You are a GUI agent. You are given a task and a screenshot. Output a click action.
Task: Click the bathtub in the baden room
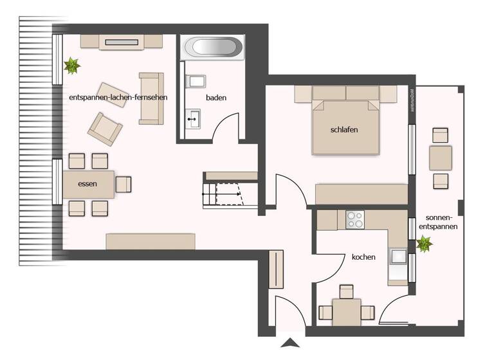tap(212, 48)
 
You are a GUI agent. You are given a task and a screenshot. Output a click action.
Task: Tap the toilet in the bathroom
tap(194, 82)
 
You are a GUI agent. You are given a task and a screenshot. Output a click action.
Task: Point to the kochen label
tap(363, 257)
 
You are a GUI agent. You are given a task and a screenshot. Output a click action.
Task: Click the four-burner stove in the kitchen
tap(355, 220)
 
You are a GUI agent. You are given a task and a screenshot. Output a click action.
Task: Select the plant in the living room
tap(71, 65)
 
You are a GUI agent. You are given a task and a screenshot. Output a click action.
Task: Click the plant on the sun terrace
tap(425, 244)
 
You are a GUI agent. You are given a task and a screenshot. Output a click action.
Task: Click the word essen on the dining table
tap(87, 184)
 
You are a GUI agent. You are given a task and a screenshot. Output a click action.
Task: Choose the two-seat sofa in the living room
tap(151, 98)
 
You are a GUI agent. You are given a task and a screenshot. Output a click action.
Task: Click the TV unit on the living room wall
tap(121, 41)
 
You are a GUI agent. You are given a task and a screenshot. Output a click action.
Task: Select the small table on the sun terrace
tap(441, 157)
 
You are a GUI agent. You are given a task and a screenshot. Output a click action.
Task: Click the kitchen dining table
tap(347, 312)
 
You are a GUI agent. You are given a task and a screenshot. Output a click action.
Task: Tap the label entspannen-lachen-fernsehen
tap(118, 97)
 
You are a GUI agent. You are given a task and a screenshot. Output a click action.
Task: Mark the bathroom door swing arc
tap(226, 125)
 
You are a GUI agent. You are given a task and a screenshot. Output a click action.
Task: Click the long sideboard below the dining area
tap(151, 241)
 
